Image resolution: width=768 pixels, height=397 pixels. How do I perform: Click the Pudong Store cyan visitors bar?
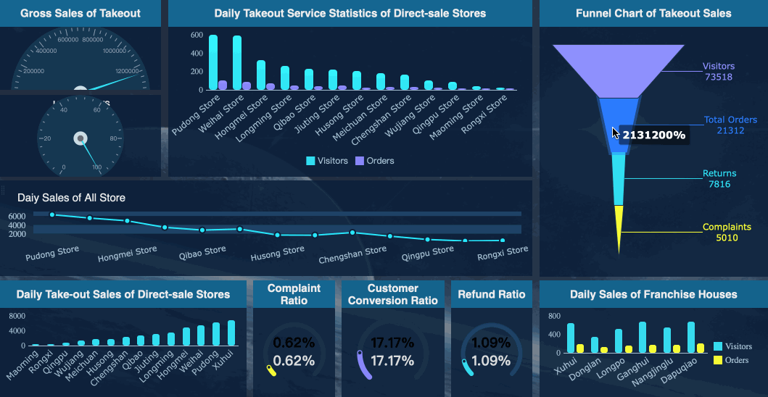(x=213, y=62)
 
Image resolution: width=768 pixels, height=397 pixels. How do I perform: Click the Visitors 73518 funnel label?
(x=718, y=72)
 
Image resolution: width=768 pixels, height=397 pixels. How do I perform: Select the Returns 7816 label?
(x=719, y=179)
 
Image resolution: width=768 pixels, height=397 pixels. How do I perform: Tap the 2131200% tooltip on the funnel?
(x=653, y=135)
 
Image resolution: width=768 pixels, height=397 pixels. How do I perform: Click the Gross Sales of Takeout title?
(x=80, y=13)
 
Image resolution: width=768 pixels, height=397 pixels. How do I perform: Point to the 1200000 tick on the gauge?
(x=127, y=71)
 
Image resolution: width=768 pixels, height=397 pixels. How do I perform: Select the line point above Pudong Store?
(x=52, y=214)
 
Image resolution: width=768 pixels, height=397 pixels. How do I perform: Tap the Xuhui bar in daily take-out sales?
(x=231, y=333)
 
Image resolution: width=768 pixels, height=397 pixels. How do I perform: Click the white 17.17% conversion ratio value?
(x=392, y=361)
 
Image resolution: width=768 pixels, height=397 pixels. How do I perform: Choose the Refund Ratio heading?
(x=491, y=295)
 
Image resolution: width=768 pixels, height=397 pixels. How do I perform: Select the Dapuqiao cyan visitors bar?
(x=691, y=338)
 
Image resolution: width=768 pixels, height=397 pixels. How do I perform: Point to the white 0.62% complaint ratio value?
(x=294, y=361)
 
